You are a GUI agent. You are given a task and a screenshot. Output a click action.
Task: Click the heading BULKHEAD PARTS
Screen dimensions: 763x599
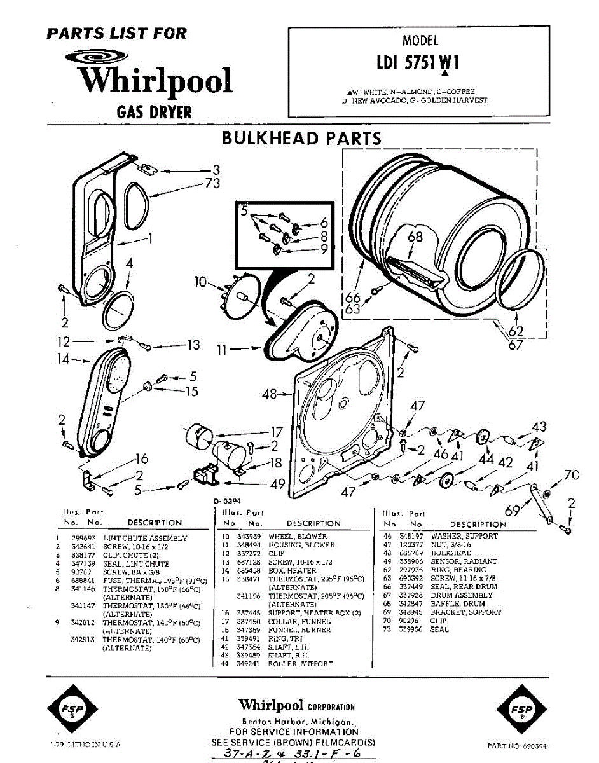pyautogui.click(x=301, y=138)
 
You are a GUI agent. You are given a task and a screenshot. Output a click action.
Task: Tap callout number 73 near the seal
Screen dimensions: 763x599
pyautogui.click(x=212, y=184)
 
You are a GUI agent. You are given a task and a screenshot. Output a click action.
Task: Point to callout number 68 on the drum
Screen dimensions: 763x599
pyautogui.click(x=415, y=237)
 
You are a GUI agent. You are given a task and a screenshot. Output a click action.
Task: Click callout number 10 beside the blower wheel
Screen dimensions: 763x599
pyautogui.click(x=201, y=282)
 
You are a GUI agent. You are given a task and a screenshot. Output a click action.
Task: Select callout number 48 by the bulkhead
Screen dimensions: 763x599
pyautogui.click(x=270, y=394)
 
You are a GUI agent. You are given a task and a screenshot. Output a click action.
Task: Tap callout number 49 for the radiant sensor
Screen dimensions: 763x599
pyautogui.click(x=277, y=485)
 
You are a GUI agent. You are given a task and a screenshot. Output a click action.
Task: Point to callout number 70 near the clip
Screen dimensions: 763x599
pyautogui.click(x=572, y=474)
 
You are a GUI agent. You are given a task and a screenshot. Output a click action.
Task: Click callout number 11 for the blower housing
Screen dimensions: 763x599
pyautogui.click(x=221, y=349)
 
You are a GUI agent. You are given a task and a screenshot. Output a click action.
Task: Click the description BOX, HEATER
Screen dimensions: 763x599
pyautogui.click(x=292, y=571)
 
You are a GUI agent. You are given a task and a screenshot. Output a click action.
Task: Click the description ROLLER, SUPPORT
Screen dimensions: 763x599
pyautogui.click(x=300, y=663)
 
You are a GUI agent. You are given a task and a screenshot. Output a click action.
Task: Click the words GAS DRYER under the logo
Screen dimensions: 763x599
pyautogui.click(x=154, y=113)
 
